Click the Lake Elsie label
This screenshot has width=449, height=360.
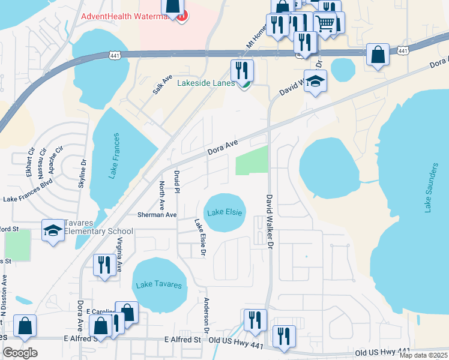tap(225, 212)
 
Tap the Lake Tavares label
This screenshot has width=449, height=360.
tap(158, 284)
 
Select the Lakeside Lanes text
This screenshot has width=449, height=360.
tap(206, 83)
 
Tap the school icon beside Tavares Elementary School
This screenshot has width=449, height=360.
tap(53, 230)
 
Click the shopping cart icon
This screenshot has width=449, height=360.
tap(325, 24)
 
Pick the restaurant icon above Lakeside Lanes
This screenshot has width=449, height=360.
tap(242, 70)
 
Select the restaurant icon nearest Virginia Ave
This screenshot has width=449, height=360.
tap(104, 265)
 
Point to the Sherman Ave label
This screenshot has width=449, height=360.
tap(157, 214)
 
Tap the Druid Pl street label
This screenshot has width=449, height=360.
tap(177, 182)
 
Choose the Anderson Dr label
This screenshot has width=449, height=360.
tap(206, 315)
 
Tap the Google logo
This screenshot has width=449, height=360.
tap(20, 353)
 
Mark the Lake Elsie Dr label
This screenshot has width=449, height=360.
tap(200, 238)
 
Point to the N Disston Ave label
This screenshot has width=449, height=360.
tap(4, 295)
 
